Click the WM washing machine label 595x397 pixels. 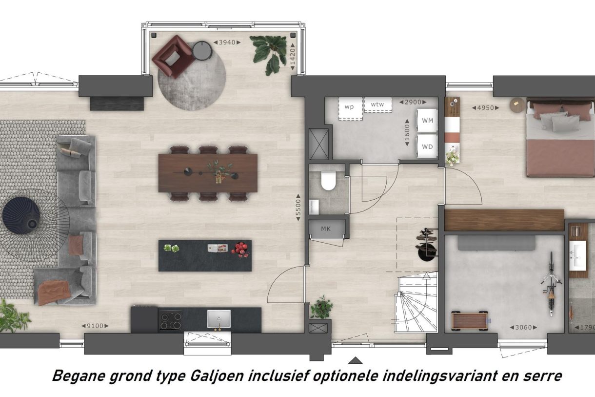pos(427,120)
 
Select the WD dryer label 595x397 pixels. pos(427,146)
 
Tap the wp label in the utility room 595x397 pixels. pos(349,106)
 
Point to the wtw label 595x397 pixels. pos(377,104)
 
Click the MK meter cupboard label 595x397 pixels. pos(326,228)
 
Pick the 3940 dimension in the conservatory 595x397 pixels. pos(227,42)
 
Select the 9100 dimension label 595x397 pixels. pos(95,326)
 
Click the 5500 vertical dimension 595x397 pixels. pos(298,209)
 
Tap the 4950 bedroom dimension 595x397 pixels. pos(485,107)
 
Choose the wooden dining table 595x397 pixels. pos(208,173)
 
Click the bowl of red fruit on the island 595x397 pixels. pos(240,249)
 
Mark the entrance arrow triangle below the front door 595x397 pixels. pos(356,360)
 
